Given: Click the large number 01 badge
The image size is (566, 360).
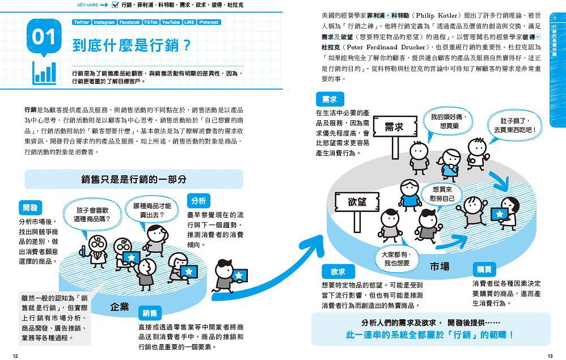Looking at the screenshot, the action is [43, 37].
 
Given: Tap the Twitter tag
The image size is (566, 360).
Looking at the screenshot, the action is [82, 22].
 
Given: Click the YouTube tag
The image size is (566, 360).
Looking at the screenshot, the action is [170, 22].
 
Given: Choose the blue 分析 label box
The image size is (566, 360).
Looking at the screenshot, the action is [198, 201].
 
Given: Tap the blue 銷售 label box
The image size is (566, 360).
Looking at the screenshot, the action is [150, 312].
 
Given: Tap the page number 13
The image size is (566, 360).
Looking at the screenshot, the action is [550, 355].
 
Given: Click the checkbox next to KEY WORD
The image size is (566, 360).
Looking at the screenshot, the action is [115, 5].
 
